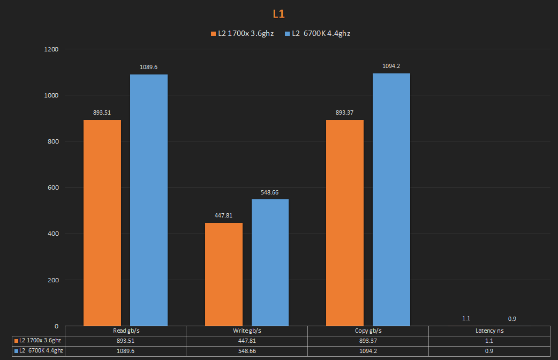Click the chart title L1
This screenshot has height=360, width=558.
pyautogui.click(x=278, y=14)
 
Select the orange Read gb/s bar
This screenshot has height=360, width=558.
pyautogui.click(x=102, y=222)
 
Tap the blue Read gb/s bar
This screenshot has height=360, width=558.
pyautogui.click(x=149, y=200)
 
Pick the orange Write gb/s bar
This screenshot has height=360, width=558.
pyautogui.click(x=224, y=274)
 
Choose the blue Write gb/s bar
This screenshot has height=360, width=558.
pyautogui.click(x=270, y=262)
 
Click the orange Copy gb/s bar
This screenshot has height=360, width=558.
pyautogui.click(x=345, y=222)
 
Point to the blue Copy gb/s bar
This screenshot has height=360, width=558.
pyautogui.click(x=391, y=199)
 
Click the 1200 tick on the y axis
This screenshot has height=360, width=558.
pyautogui.click(x=52, y=49)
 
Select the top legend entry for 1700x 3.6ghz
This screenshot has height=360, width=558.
pyautogui.click(x=242, y=34)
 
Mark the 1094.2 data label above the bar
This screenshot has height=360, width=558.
pyautogui.click(x=391, y=66)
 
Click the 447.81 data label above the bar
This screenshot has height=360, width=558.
pyautogui.click(x=224, y=215)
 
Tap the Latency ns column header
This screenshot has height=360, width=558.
pyautogui.click(x=489, y=331)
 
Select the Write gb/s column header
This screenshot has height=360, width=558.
pyautogui.click(x=247, y=331)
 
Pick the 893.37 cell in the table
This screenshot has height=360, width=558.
pyautogui.click(x=368, y=341)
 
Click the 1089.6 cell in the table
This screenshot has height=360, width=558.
pyautogui.click(x=125, y=351)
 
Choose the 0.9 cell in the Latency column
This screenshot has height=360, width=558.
pyautogui.click(x=489, y=351)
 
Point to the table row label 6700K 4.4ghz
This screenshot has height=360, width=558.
pyautogui.click(x=39, y=351)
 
